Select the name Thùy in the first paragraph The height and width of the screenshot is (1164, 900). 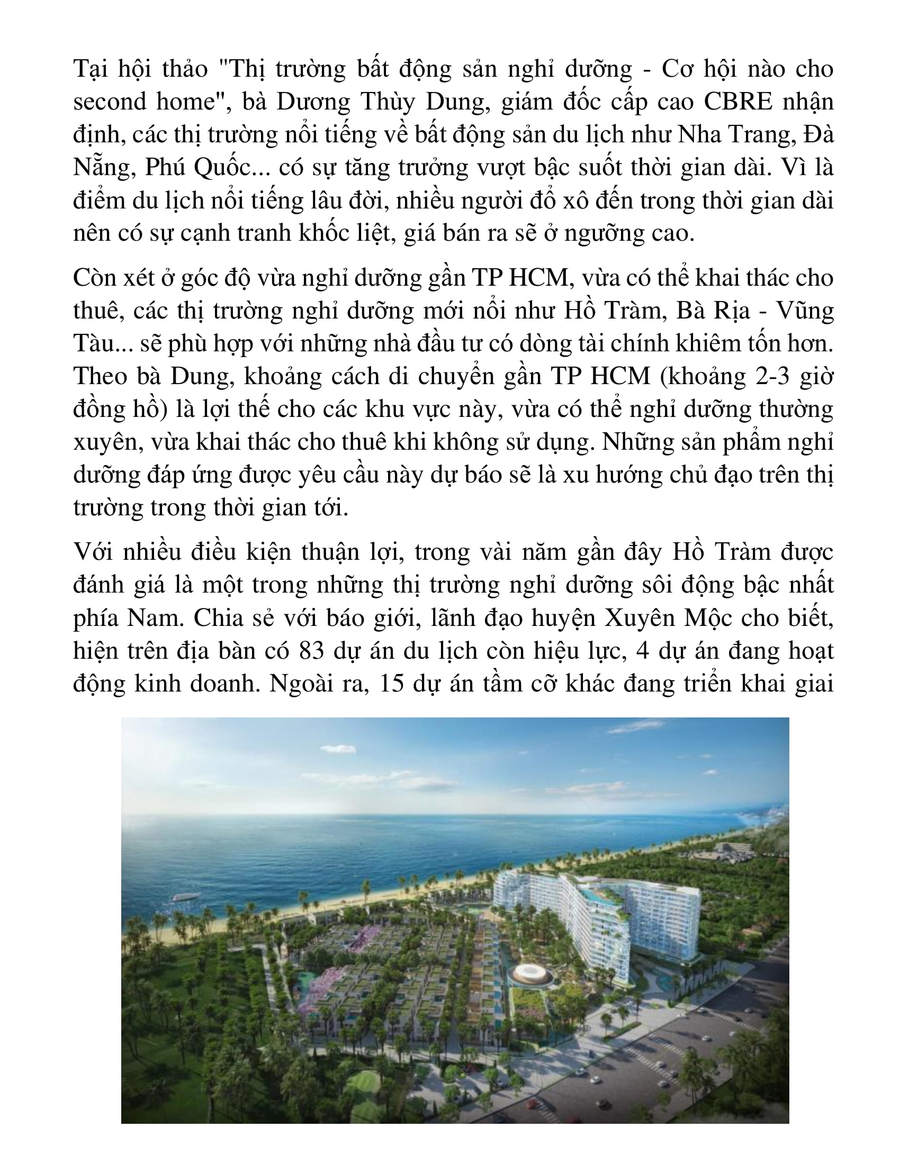(x=388, y=101)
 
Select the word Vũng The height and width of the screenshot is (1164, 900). (x=805, y=311)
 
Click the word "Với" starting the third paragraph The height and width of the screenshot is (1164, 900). (x=93, y=552)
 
